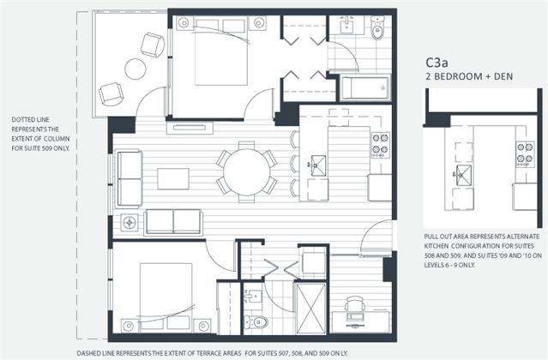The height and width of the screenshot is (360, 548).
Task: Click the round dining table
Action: coord(247,172)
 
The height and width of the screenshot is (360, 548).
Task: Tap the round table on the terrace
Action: coord(135,69)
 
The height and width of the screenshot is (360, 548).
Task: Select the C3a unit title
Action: coord(437,63)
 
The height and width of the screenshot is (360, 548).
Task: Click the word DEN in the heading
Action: coord(503,76)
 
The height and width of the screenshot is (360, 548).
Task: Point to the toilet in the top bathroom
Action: coord(377,28)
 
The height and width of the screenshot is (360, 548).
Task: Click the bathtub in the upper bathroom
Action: coord(365,88)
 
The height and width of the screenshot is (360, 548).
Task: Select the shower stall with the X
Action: coord(310,309)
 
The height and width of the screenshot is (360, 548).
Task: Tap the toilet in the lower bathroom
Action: coord(256,321)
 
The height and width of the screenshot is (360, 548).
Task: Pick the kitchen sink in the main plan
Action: coord(317,165)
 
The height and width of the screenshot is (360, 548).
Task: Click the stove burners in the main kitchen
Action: coord(381,145)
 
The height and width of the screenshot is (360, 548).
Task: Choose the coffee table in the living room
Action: coord(173,179)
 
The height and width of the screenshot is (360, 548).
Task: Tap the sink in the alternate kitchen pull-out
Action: coord(462,175)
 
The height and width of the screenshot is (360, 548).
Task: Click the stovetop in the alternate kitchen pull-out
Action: coord(526,154)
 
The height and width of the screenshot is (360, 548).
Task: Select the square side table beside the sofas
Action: coord(129,222)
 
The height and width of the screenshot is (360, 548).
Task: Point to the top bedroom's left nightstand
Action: coord(184,23)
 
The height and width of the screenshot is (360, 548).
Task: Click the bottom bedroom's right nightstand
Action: coord(202,326)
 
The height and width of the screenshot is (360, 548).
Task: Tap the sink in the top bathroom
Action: coord(346,24)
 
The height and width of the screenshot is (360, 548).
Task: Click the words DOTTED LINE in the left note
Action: coord(30,120)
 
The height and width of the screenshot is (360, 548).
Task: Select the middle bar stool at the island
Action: coord(295,164)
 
